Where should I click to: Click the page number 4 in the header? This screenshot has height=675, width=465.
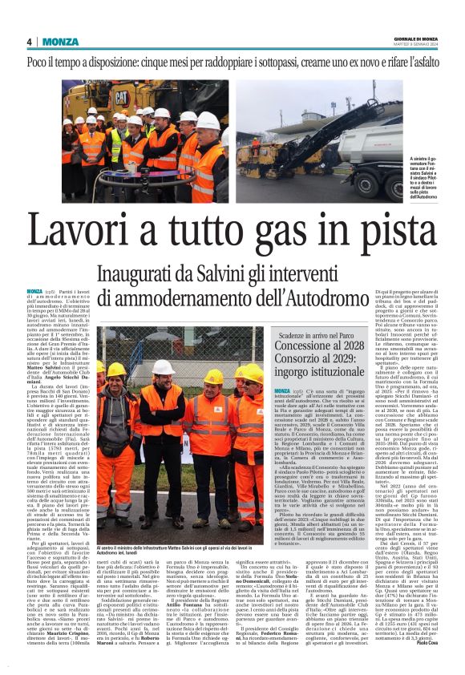30,42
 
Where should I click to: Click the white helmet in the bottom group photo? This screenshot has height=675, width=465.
164,366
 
